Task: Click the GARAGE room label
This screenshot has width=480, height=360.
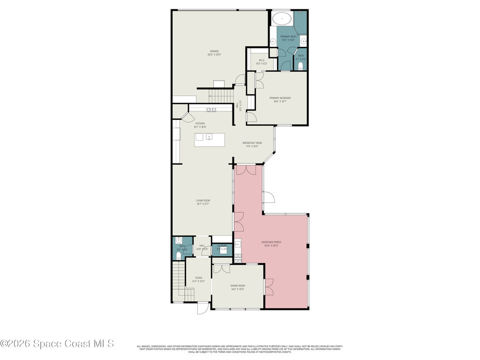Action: pyautogui.click(x=214, y=51)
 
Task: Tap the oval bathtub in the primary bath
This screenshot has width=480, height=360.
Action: pyautogui.click(x=282, y=20)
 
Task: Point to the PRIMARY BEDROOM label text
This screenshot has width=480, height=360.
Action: pyautogui.click(x=280, y=98)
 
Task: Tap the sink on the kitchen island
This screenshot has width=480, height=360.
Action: pyautogui.click(x=209, y=137)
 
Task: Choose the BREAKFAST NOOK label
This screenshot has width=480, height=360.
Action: pyautogui.click(x=252, y=143)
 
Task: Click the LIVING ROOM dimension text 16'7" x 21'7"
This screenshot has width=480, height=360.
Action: pyautogui.click(x=202, y=204)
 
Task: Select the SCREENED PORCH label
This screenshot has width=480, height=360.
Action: pyautogui.click(x=271, y=242)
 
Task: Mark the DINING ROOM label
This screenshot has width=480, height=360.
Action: pyautogui.click(x=238, y=285)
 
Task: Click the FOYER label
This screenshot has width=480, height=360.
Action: pyautogui.click(x=199, y=278)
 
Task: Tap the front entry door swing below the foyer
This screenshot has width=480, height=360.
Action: pyautogui.click(x=202, y=308)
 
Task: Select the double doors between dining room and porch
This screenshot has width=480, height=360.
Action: pyautogui.click(x=269, y=286)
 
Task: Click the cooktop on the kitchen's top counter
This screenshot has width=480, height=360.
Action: pyautogui.click(x=211, y=110)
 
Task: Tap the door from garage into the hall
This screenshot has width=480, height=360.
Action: pyautogui.click(x=240, y=80)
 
